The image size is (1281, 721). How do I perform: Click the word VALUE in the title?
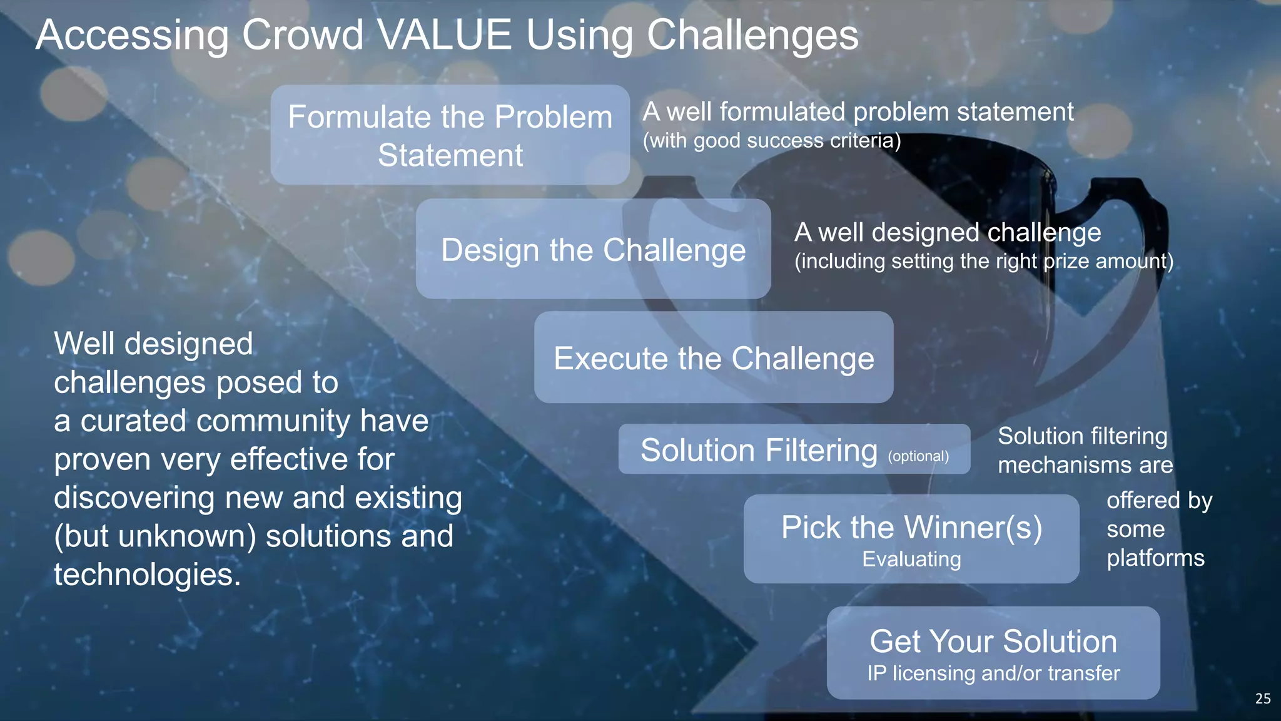tap(445, 35)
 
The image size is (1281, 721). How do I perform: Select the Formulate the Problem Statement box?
tap(450, 135)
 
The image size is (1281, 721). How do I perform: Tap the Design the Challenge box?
tap(593, 250)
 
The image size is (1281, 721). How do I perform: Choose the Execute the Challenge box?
tap(714, 358)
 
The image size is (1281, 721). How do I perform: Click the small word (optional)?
tap(918, 456)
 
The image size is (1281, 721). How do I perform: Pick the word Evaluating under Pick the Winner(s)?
tap(911, 559)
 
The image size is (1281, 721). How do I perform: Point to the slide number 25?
tap(1262, 698)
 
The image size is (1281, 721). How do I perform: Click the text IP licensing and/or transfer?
tap(993, 673)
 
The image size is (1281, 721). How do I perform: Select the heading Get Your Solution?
tap(993, 642)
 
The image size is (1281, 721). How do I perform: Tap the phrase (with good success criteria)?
tap(772, 141)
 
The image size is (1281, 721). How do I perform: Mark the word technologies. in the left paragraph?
tap(147, 575)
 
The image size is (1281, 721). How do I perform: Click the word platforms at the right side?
tap(1155, 558)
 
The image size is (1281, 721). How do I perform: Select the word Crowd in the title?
tap(302, 35)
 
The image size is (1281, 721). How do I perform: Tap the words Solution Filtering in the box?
tap(759, 451)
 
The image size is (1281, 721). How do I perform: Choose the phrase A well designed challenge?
tap(948, 233)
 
